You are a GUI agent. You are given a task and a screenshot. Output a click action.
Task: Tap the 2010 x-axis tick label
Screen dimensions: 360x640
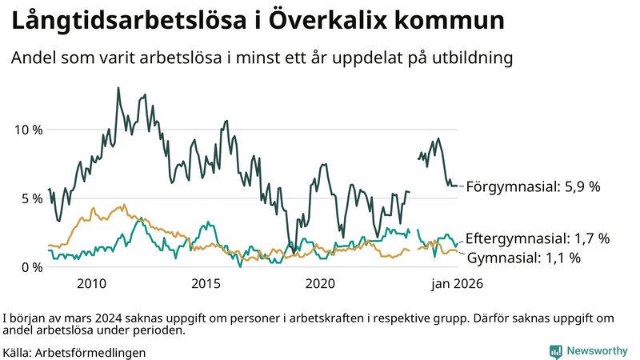point(91,284)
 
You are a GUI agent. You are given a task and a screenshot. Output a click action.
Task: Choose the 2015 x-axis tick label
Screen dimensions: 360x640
point(206,284)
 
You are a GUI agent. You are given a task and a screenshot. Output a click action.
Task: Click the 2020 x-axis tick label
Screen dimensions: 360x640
point(320,284)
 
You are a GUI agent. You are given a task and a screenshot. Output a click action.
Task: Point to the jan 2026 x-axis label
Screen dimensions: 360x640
point(458,284)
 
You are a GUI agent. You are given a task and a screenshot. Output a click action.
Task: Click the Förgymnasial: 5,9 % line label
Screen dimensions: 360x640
point(533,186)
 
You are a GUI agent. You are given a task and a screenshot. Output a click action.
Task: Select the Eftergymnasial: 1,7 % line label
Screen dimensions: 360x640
point(538,238)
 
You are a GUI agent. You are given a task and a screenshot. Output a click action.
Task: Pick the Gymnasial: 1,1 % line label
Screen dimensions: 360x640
point(523,258)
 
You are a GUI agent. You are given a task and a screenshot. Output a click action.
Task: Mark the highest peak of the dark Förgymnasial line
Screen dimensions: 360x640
point(118,88)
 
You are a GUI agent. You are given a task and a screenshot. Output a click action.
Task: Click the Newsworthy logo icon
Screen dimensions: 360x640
point(555,351)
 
